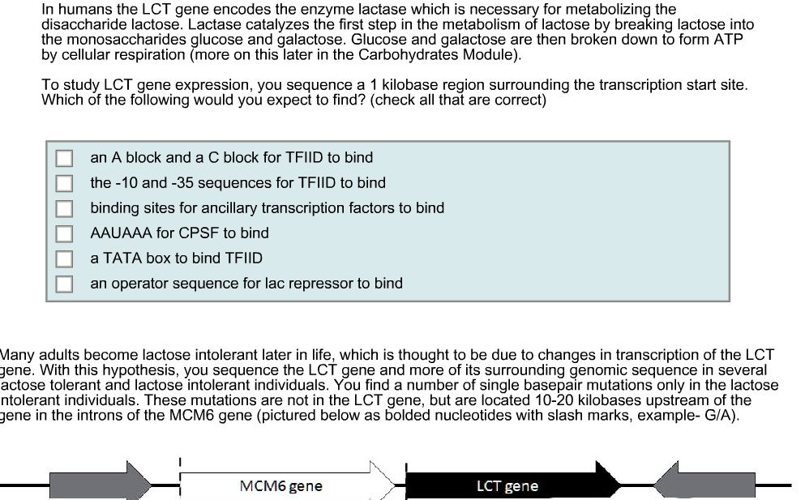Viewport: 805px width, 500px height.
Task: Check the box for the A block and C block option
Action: (64, 158)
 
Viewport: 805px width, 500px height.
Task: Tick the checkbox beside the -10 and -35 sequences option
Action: (64, 183)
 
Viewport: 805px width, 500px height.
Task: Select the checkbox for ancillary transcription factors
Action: (64, 208)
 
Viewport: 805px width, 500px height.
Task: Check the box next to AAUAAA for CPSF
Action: (64, 233)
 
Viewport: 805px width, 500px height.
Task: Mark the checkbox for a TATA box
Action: (64, 259)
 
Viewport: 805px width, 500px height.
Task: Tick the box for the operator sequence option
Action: (64, 284)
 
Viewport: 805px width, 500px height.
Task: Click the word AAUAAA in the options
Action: (122, 233)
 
